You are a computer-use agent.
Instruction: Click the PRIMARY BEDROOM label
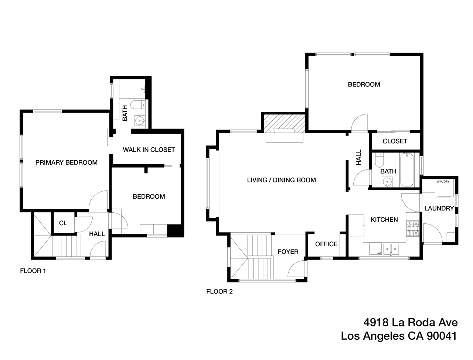(x=67, y=162)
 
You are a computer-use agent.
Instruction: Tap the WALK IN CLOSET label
(x=149, y=150)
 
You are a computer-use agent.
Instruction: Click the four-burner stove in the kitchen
(x=412, y=229)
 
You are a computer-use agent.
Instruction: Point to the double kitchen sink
(x=391, y=249)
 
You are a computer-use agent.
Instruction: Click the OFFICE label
(x=326, y=244)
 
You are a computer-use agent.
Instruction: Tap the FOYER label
(x=288, y=252)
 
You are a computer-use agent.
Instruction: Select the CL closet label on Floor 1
(x=63, y=223)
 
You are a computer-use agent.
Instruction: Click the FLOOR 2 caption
(x=219, y=291)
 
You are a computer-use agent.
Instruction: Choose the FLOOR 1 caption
(x=33, y=271)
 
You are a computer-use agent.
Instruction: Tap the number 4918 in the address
(x=376, y=322)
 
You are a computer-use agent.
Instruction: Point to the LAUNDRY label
(x=439, y=208)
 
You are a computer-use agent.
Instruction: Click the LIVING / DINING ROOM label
(x=281, y=180)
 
